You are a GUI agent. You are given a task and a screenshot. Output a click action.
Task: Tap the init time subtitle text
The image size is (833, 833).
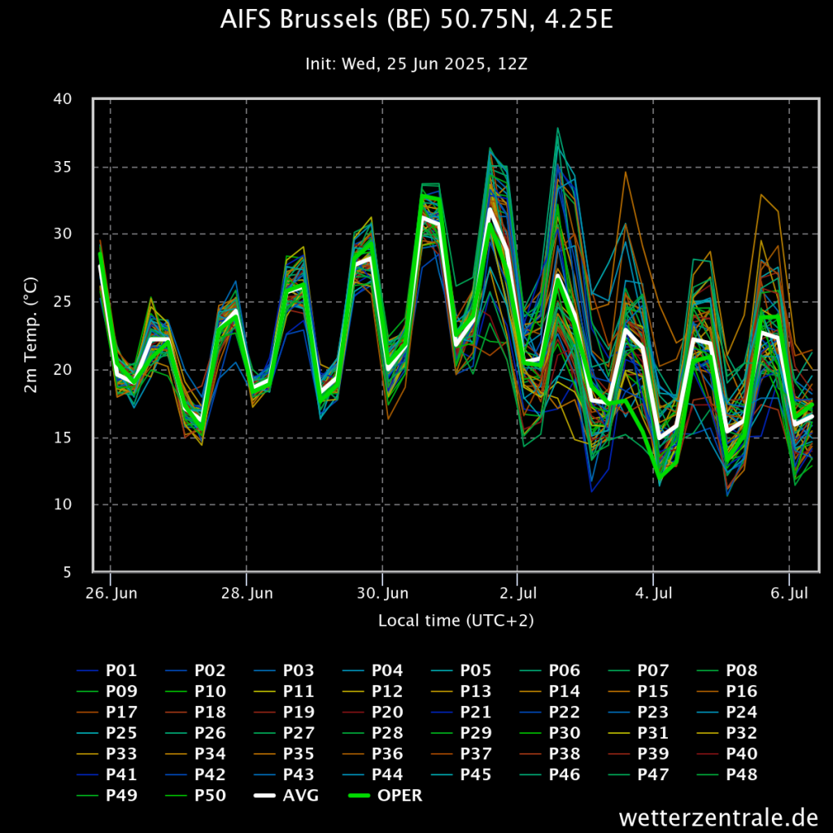pos(416,63)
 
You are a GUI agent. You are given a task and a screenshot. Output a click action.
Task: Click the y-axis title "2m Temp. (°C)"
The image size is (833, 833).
pos(31,335)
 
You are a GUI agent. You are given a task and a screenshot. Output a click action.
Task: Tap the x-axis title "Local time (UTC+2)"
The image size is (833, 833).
pos(456,621)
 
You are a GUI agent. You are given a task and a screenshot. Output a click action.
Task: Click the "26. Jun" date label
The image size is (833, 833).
pos(111,593)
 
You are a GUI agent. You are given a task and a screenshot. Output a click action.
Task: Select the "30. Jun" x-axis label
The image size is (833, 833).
pos(382,593)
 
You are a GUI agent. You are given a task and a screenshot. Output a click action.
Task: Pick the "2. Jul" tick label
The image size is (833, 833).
pos(517,593)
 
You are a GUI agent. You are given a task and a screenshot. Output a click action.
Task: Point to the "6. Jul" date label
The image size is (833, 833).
pos(788,593)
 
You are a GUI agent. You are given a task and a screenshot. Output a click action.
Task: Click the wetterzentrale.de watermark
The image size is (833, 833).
pos(717,816)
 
